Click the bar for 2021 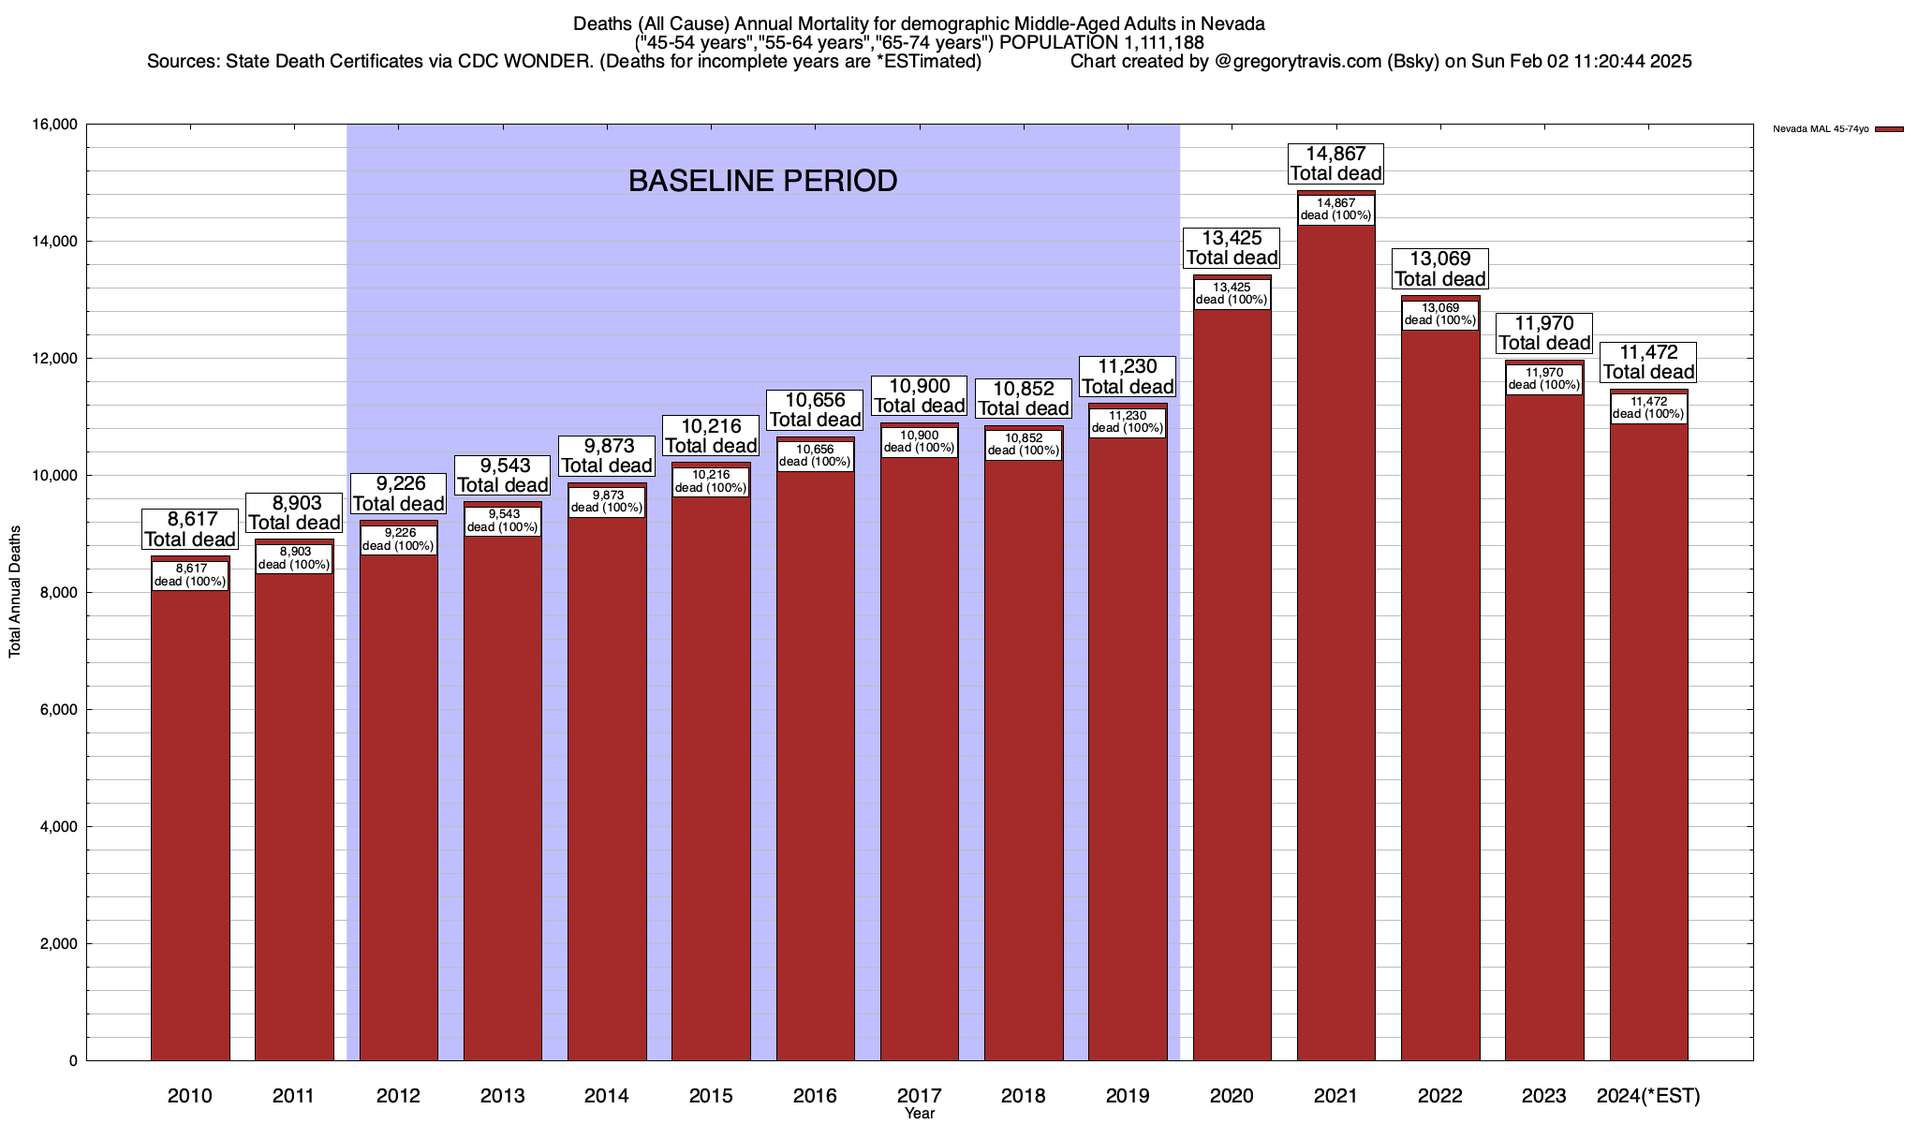coord(1335,656)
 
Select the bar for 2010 coord(190,824)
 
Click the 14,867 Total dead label coord(1335,164)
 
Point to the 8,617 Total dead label coord(190,529)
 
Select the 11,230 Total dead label coord(1128,377)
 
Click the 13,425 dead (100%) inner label coord(1232,294)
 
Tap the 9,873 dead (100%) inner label coord(607,502)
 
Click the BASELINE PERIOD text coord(762,181)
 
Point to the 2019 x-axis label coord(1128,1096)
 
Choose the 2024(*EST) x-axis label coord(1648,1096)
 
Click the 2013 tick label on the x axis coord(502,1096)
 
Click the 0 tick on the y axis coord(72,1061)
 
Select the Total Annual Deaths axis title coord(15,591)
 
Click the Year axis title coord(920,1114)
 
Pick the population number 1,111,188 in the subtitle coord(1160,42)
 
